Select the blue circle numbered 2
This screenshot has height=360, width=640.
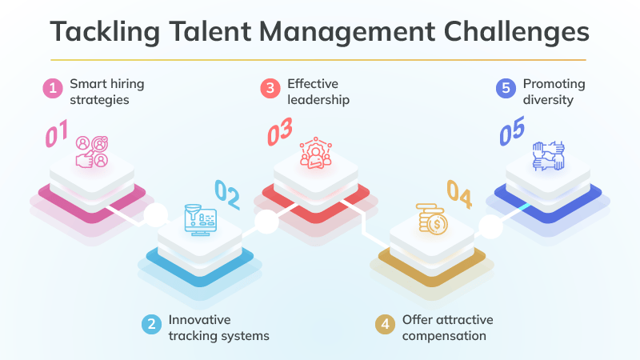pyautogui.click(x=150, y=324)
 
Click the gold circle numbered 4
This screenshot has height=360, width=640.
pyautogui.click(x=385, y=324)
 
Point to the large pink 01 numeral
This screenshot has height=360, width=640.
pyautogui.click(x=57, y=133)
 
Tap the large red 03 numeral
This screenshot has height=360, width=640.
pyautogui.click(x=280, y=131)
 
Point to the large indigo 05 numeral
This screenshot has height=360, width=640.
pyautogui.click(x=512, y=132)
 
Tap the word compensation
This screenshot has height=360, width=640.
pyautogui.click(x=444, y=336)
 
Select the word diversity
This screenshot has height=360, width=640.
pyautogui.click(x=549, y=101)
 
